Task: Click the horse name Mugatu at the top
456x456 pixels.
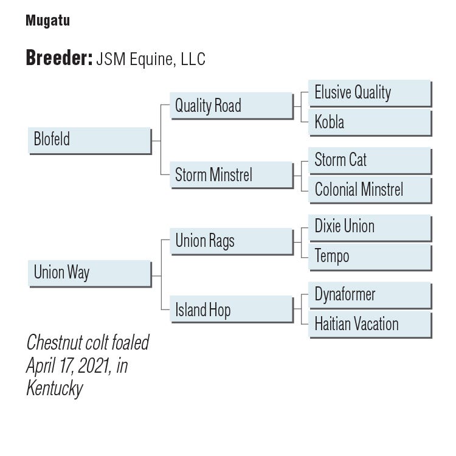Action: point(47,21)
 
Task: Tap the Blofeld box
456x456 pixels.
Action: point(89,140)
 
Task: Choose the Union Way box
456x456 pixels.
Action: point(89,273)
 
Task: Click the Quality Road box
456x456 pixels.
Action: point(231,106)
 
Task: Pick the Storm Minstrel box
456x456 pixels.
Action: point(231,175)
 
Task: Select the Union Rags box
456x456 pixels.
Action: point(231,241)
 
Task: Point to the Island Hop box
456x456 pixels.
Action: point(231,310)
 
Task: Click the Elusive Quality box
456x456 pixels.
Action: point(370,93)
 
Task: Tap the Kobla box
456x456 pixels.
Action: point(370,122)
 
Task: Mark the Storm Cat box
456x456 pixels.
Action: point(370,161)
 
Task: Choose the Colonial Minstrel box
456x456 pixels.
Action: point(370,190)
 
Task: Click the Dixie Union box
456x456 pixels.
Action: point(370,227)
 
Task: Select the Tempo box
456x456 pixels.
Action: point(370,256)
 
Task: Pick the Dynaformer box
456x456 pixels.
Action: point(370,295)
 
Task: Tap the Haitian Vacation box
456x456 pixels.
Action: point(370,324)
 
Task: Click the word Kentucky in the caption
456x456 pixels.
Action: point(54,388)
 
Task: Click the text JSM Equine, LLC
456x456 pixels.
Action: point(151,59)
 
